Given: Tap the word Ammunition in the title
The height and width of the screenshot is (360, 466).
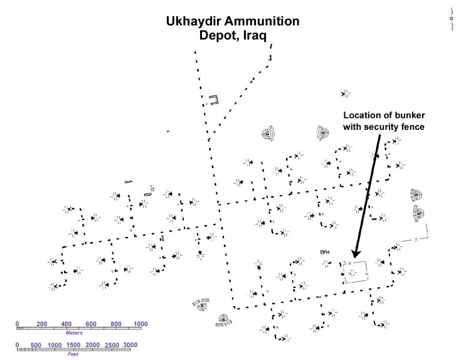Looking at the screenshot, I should point(264,22).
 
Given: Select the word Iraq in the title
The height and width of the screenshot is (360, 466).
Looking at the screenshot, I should point(253,36).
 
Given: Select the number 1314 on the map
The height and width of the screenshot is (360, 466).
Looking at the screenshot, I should point(325,251).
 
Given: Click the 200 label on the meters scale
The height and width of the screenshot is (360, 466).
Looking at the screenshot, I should point(42,324).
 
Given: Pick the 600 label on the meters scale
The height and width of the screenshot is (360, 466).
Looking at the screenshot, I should point(91,324).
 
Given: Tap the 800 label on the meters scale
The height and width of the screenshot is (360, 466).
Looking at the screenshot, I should point(116,324).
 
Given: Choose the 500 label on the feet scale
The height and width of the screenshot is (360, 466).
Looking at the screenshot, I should point(36,346).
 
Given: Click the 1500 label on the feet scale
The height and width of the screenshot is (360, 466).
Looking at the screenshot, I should point(73,346).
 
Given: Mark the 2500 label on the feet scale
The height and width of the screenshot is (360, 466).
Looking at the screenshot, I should point(111,346).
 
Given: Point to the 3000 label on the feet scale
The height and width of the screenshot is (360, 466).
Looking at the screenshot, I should point(130,346).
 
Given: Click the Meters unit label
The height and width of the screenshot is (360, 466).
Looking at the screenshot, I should point(74,333).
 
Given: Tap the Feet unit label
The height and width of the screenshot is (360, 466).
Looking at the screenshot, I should point(74,354).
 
